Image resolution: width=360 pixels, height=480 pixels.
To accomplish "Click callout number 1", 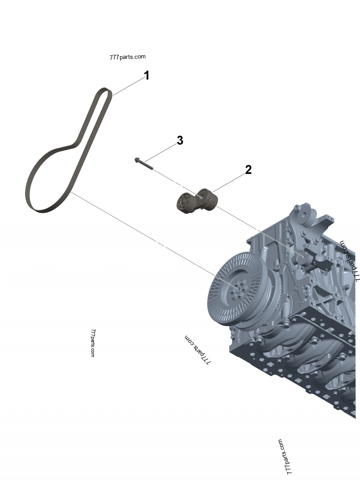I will tap(146, 76).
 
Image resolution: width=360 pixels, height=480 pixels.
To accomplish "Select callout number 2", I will tap(248, 170).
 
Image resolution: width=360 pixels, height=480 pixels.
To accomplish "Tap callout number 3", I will tap(180, 140).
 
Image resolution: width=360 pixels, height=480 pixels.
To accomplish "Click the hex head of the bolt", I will tap(137, 160).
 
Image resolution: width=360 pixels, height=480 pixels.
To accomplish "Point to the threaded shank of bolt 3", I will tap(146, 165).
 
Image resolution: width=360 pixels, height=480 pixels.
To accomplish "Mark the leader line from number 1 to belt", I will tap(128, 85).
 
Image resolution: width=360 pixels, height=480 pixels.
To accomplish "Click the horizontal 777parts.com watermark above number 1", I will tap(127, 57).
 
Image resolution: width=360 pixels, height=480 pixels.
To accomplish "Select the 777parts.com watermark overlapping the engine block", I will tap(350, 260).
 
